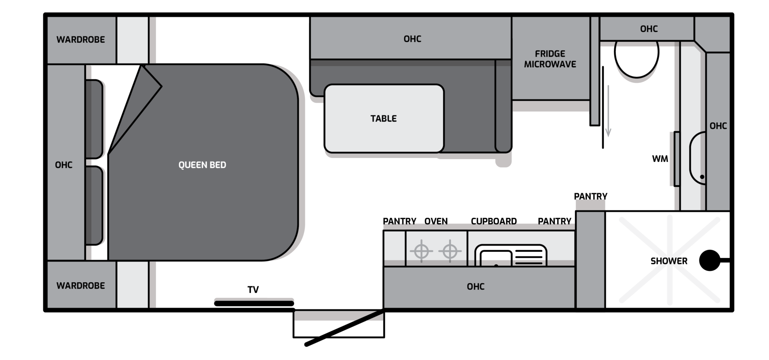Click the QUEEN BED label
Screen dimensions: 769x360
(x=202, y=165)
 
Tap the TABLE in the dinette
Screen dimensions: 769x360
(x=384, y=118)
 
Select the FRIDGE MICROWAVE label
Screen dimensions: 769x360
(x=550, y=59)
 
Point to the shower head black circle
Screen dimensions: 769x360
(x=710, y=260)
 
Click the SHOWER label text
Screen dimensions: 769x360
(x=669, y=261)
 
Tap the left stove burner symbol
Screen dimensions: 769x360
(x=421, y=251)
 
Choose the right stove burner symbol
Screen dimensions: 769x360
(x=450, y=251)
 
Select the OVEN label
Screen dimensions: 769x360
(x=436, y=221)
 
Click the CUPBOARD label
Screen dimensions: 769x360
(x=494, y=221)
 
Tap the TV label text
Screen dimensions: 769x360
(x=253, y=290)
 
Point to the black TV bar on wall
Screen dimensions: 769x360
(x=254, y=303)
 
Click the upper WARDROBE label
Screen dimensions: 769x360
(x=81, y=40)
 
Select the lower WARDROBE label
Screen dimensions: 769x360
(x=81, y=286)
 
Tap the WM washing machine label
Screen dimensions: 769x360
(x=660, y=159)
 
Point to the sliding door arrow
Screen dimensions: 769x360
(x=608, y=111)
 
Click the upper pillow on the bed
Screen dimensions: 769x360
(x=94, y=119)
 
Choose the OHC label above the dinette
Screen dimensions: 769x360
(x=412, y=39)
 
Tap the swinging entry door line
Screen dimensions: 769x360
(x=344, y=327)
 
